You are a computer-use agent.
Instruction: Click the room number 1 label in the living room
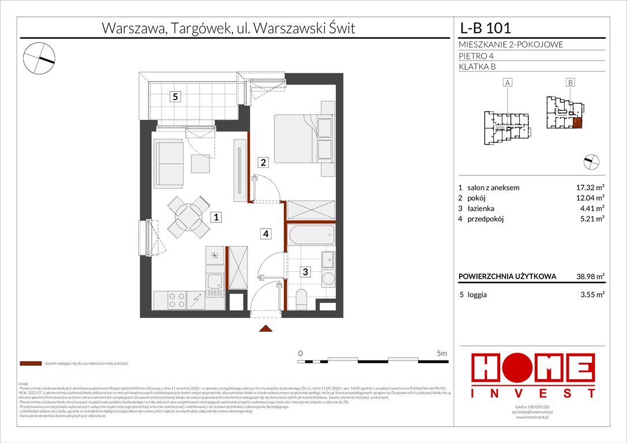(215, 217)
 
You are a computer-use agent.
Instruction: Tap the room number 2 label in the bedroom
(263, 163)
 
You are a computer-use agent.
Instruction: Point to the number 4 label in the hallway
(265, 234)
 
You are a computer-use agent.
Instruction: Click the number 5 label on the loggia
(174, 97)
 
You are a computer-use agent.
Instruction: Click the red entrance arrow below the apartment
(265, 329)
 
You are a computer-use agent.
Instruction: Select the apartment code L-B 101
(485, 28)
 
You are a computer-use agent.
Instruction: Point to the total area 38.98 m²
(588, 276)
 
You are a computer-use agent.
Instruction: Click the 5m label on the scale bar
(442, 352)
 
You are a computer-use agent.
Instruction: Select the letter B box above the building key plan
(570, 83)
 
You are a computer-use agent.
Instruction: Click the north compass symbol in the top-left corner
(39, 58)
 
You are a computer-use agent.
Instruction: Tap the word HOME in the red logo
(534, 370)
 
